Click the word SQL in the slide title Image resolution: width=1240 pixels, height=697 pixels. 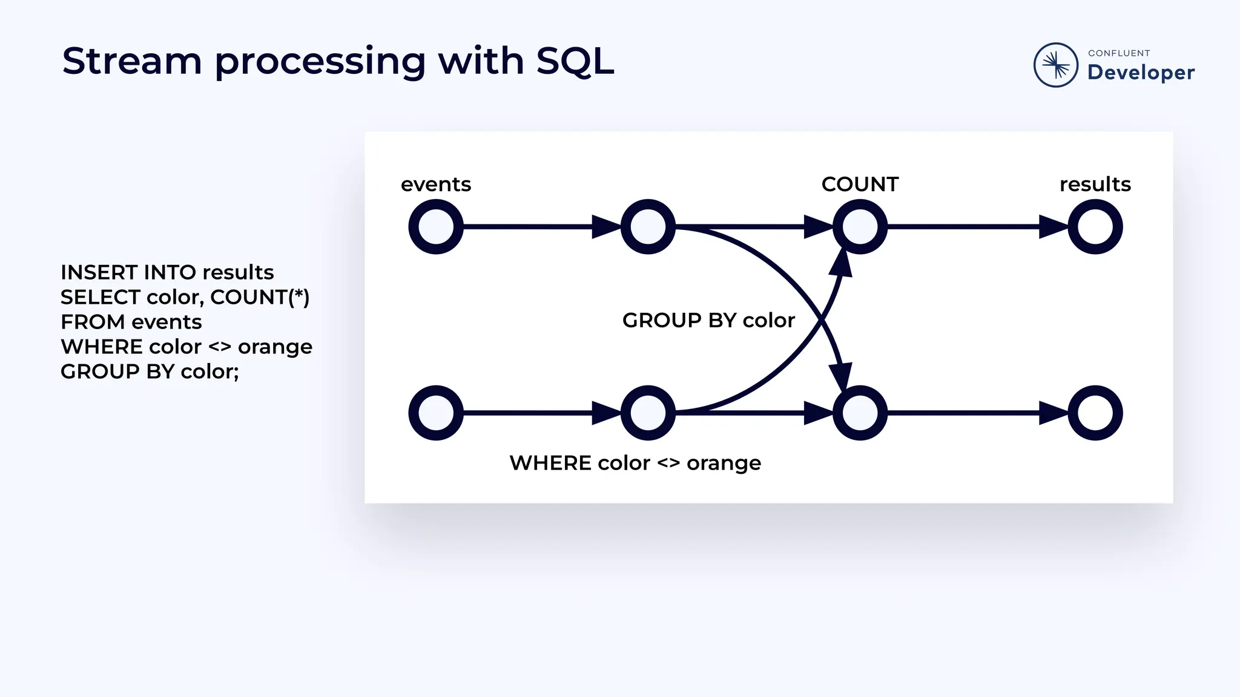coord(575,61)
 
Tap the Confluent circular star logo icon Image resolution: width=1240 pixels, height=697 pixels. coord(1055,65)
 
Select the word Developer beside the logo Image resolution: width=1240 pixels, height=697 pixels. coord(1141,73)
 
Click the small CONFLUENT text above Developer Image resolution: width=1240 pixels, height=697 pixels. coord(1119,53)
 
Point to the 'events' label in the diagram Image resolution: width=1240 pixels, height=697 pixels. coord(436,184)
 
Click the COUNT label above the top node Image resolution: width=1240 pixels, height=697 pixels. coord(860,184)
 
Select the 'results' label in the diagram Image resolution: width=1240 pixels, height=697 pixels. coord(1095,184)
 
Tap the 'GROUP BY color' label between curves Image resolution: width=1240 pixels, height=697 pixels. coord(708,320)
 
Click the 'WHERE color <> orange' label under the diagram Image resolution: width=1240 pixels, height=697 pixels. coord(635,463)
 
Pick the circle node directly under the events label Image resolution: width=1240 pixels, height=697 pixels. coord(436,227)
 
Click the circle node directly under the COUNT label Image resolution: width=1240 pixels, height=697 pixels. coord(860,227)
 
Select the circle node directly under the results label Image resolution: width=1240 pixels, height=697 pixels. coord(1095,227)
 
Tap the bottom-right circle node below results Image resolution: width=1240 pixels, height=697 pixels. coord(1095,413)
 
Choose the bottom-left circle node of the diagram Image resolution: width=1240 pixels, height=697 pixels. coord(436,413)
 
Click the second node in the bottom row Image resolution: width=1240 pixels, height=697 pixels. coord(648,413)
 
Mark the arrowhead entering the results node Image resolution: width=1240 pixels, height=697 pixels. coord(1054,227)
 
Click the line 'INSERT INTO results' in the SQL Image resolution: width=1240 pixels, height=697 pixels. coord(167,272)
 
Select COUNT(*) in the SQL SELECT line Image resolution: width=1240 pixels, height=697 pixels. coord(260,297)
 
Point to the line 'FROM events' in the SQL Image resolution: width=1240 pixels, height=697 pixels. coord(131,322)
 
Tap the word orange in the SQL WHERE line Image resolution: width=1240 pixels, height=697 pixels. coord(275,347)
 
